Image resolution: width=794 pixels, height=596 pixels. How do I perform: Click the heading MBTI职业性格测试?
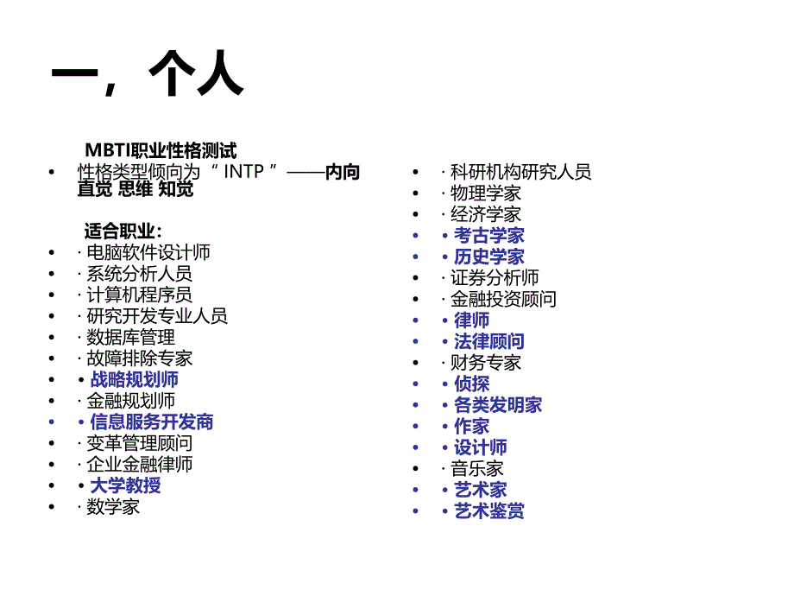click(x=161, y=151)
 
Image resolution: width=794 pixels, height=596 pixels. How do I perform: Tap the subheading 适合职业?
click(x=122, y=231)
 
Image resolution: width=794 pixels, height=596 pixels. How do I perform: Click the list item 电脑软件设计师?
click(x=148, y=252)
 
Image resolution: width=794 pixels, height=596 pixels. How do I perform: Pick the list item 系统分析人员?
click(x=139, y=274)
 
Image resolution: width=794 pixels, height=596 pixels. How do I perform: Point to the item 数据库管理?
click(x=130, y=337)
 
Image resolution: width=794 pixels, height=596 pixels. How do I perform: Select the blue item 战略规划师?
click(x=135, y=379)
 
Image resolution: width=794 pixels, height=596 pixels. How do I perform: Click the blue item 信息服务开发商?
click(x=152, y=422)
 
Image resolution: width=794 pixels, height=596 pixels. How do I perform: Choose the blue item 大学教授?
click(x=126, y=485)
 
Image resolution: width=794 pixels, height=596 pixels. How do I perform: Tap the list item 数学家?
click(x=113, y=507)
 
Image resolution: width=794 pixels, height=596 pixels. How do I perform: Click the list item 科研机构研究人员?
click(x=520, y=172)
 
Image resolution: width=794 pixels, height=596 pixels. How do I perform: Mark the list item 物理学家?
click(x=485, y=193)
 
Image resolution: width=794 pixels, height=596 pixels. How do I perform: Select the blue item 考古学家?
click(x=489, y=235)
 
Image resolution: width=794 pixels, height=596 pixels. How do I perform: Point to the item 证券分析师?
click(x=495, y=278)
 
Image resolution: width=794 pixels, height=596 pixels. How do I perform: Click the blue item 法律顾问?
click(x=489, y=341)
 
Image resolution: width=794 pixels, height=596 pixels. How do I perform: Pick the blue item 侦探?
click(x=472, y=384)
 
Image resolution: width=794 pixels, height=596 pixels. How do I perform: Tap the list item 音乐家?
click(x=476, y=469)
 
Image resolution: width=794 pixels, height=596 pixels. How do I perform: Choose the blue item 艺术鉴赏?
click(x=489, y=511)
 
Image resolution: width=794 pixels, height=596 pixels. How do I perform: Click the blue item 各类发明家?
click(x=498, y=405)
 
